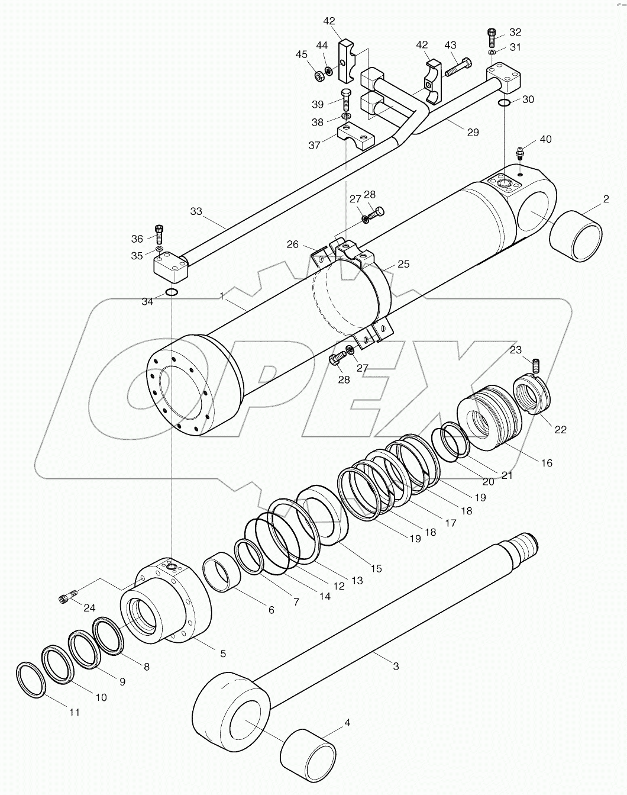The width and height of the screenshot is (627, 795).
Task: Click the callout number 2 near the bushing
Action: pyautogui.click(x=606, y=199)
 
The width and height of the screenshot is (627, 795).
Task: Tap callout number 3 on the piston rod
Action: pyautogui.click(x=396, y=666)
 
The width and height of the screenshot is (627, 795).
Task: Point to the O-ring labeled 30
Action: pyautogui.click(x=503, y=104)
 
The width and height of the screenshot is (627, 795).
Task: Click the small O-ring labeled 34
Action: pyautogui.click(x=170, y=292)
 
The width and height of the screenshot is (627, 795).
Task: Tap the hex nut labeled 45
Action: pyautogui.click(x=318, y=73)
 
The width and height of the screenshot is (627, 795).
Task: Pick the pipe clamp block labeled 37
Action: pyautogui.click(x=356, y=137)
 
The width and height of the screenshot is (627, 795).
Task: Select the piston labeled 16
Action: pyautogui.click(x=490, y=417)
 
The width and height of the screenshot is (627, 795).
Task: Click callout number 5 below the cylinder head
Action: pyautogui.click(x=222, y=654)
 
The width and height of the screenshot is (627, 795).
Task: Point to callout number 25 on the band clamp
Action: pyautogui.click(x=403, y=264)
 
